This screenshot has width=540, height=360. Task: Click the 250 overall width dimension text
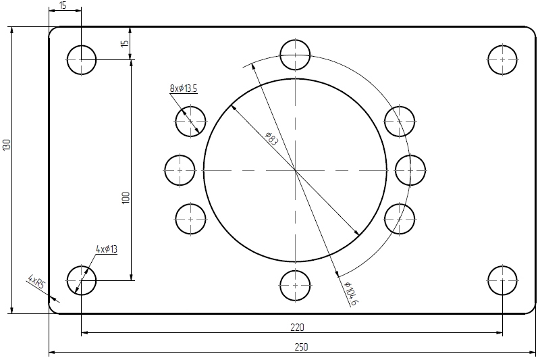tap(301, 346)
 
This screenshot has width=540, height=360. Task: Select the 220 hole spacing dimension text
tap(297, 328)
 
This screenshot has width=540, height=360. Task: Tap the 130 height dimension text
tap(7, 145)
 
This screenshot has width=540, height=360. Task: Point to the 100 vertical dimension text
tap(126, 197)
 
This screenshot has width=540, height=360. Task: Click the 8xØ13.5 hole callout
tap(183, 88)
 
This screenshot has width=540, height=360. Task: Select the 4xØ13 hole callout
tap(107, 249)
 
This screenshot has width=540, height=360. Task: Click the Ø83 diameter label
tap(272, 138)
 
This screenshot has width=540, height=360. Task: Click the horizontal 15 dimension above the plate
tap(63, 5)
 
